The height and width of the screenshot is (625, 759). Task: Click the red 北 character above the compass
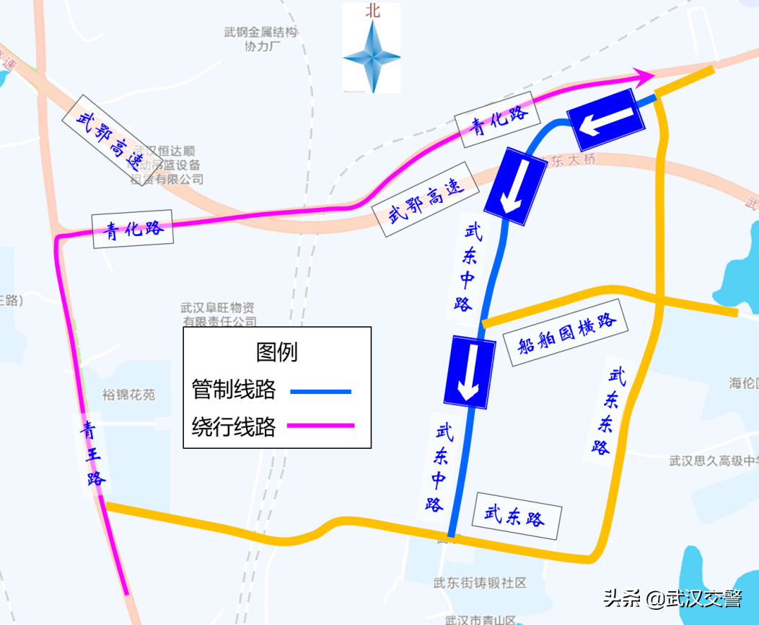[372, 11]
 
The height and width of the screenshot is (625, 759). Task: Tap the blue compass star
[372, 57]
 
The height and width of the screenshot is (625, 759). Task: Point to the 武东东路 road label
[604, 411]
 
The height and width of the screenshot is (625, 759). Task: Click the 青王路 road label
[92, 454]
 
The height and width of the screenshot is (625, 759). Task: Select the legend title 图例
[276, 351]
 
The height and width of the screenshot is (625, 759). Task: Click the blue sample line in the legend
[321, 391]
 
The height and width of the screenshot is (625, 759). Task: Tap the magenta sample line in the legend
[321, 426]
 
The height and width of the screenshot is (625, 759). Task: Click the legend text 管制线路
[234, 390]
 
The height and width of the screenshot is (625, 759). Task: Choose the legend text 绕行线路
[234, 427]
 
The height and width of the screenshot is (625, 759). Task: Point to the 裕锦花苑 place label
[128, 395]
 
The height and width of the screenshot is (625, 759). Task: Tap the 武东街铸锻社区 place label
[480, 583]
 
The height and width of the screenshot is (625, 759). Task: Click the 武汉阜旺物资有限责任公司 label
[218, 315]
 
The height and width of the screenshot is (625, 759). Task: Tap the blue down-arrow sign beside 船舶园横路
[469, 370]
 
